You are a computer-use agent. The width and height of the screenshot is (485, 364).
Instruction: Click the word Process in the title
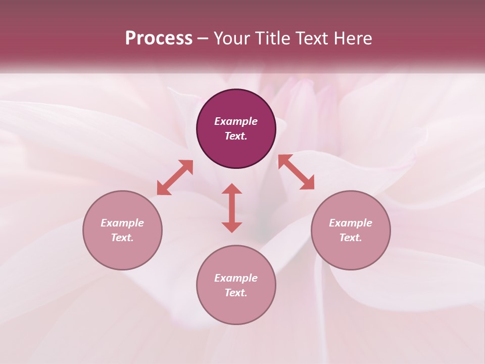point(159,38)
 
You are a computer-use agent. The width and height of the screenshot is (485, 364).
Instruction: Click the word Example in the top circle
point(236,121)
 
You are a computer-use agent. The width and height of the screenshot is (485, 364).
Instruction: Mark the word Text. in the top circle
point(236,136)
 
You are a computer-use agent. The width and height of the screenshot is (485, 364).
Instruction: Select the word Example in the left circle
point(122,223)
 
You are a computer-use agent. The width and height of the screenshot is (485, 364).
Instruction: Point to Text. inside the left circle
point(122,238)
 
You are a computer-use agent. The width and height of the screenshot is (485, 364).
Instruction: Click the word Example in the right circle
point(351,223)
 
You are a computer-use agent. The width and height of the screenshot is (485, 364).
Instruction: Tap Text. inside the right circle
point(351,238)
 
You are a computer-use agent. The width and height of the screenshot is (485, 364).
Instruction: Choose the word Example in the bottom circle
point(236,278)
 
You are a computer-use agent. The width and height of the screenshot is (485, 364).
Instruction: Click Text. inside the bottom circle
point(236,293)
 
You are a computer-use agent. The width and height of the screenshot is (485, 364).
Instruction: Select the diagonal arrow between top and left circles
point(175,177)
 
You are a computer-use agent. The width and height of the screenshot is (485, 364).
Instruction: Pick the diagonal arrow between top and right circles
point(296,172)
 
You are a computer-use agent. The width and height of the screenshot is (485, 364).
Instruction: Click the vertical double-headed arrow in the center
point(232,208)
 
